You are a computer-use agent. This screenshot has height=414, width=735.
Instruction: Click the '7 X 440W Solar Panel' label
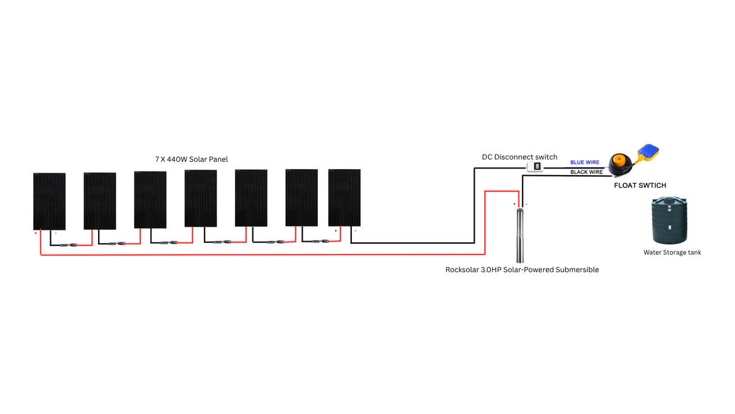click(x=191, y=159)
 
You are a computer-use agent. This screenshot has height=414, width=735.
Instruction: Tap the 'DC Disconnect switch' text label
click(x=519, y=157)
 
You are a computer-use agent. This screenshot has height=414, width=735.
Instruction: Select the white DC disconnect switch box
click(x=535, y=167)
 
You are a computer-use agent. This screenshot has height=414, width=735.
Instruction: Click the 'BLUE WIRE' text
click(x=585, y=162)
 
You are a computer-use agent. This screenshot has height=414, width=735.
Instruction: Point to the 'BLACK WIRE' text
click(x=587, y=172)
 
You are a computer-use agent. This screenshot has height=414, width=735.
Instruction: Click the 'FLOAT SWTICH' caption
click(x=640, y=185)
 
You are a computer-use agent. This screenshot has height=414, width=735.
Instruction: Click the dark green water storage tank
click(x=670, y=221)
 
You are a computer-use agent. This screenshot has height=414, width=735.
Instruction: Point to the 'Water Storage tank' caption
click(x=672, y=252)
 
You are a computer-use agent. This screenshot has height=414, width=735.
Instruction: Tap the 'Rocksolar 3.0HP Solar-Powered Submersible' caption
click(x=522, y=270)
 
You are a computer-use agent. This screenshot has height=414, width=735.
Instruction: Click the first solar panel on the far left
click(x=49, y=201)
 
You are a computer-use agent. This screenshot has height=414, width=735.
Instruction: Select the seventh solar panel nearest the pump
click(x=344, y=198)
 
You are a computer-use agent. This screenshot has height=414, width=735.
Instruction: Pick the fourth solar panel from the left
click(x=200, y=198)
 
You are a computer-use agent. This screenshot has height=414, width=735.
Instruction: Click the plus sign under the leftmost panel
click(x=36, y=233)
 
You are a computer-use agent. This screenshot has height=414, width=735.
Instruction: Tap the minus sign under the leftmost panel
click(x=56, y=233)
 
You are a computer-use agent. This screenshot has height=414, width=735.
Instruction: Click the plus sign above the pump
click(x=515, y=205)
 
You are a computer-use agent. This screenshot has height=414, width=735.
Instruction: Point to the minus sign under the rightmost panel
click(x=355, y=230)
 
